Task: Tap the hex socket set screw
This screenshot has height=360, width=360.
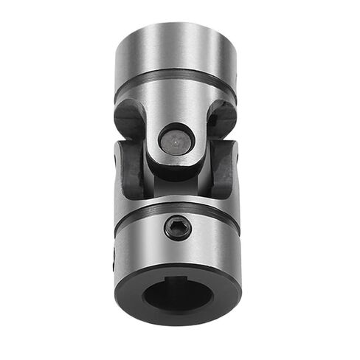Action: [x=177, y=227]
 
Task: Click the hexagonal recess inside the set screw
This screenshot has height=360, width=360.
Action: [x=177, y=227]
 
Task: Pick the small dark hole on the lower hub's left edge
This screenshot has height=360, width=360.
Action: [x=115, y=258]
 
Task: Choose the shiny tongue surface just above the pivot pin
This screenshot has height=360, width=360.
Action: [x=177, y=111]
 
